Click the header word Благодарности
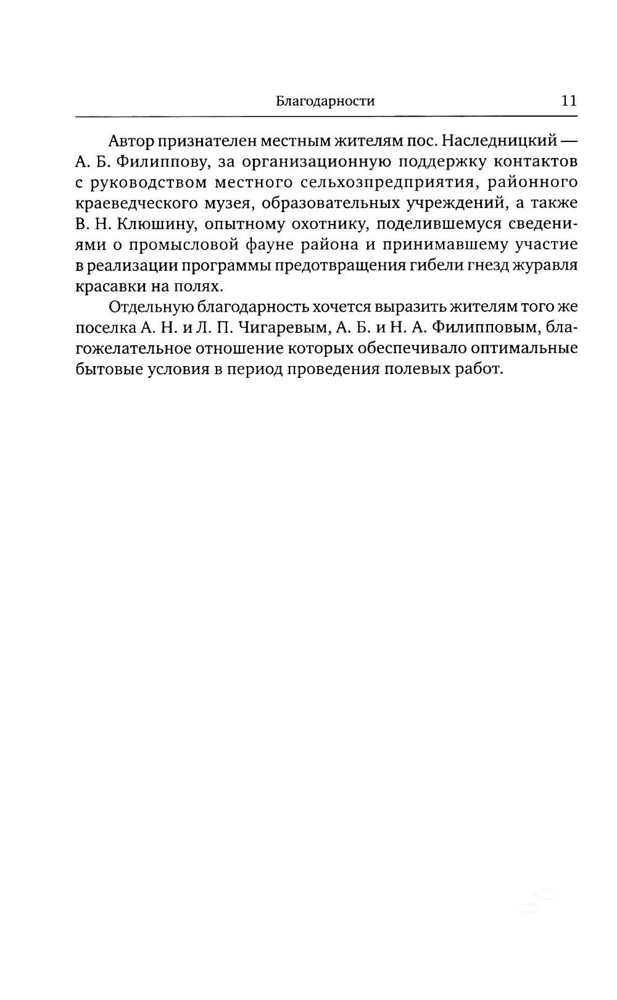[325, 101]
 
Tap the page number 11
[569, 101]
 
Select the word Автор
[131, 141]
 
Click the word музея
[227, 204]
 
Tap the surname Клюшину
[154, 224]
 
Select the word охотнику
[321, 224]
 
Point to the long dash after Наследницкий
[568, 141]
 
